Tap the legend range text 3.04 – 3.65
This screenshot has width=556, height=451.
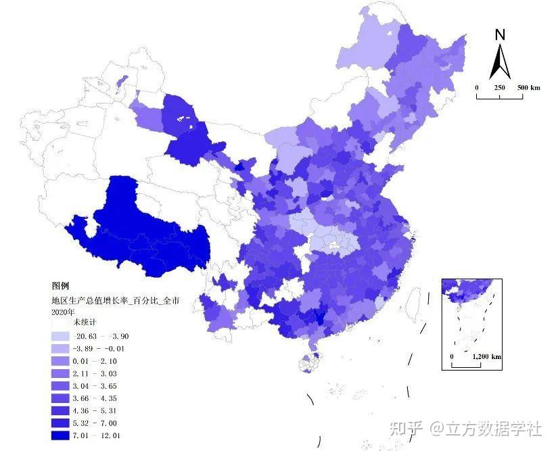pos(99,386)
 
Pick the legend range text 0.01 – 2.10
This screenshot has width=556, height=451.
pos(99,361)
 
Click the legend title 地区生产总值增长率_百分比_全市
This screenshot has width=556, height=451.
pos(115,300)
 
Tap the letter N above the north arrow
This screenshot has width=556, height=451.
pos(500,35)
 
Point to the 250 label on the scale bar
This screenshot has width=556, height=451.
pos(499,88)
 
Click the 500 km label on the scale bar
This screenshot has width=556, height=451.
pos(529,88)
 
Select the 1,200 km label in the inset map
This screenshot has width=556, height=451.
pos(486,356)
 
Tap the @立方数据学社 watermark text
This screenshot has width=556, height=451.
pos(487,429)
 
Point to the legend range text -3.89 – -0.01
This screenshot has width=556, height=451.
pos(99,349)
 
